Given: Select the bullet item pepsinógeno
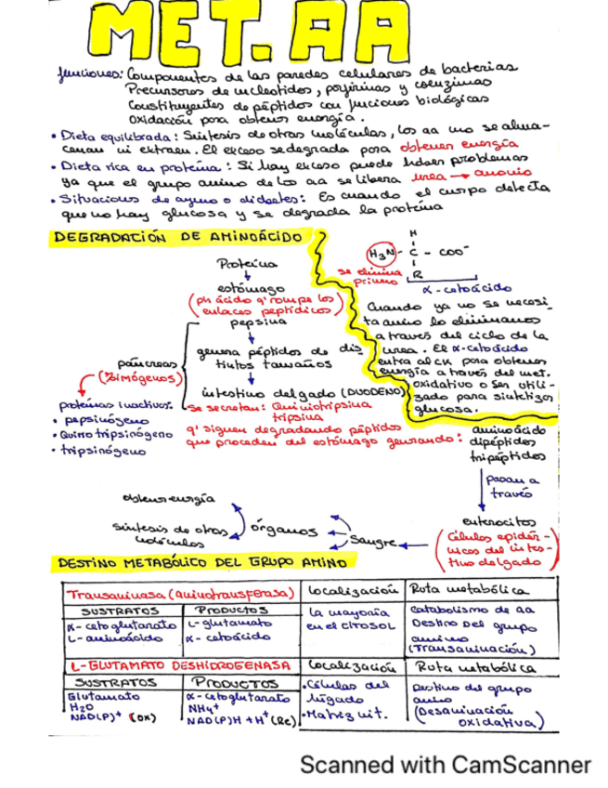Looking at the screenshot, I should [93, 419].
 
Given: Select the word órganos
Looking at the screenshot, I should [287, 527].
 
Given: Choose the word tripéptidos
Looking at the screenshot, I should [507, 457].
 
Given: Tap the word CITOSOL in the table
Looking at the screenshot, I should [371, 626].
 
